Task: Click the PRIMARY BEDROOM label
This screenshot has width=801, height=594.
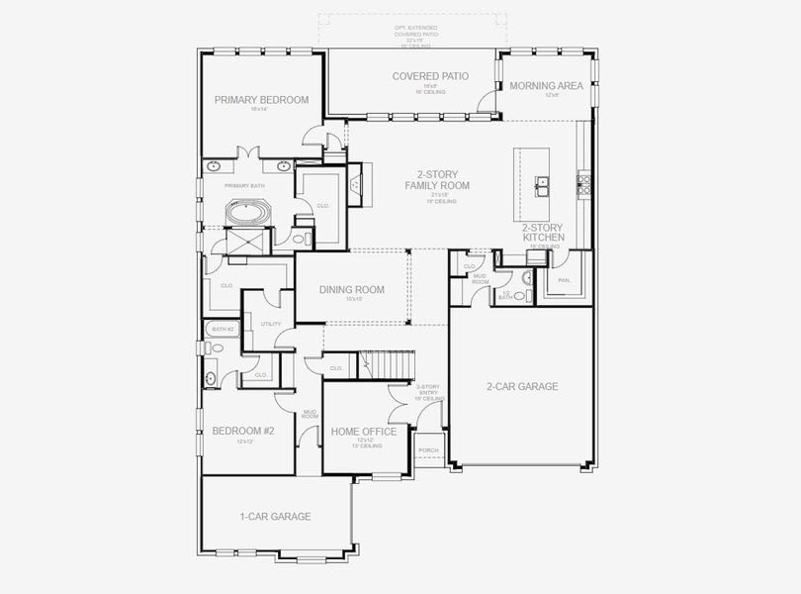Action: point(262,100)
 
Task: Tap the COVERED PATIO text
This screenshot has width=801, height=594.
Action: point(430,76)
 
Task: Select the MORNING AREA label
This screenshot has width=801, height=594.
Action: point(547,86)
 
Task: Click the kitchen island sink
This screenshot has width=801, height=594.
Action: point(543,183)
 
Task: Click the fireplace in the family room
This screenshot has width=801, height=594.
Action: point(356,184)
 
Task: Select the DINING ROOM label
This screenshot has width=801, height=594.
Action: point(351,290)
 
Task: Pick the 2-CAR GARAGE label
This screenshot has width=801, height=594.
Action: point(522,386)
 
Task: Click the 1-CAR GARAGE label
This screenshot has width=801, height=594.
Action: point(275,517)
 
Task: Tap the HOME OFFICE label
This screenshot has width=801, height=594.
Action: point(364,432)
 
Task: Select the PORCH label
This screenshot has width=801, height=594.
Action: point(429,450)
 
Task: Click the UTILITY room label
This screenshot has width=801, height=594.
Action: point(270,324)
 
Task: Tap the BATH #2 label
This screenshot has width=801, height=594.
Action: point(222,329)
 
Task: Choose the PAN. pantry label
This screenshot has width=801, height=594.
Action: point(565,280)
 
